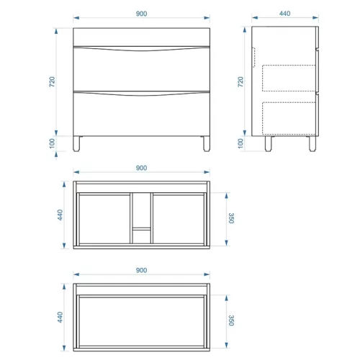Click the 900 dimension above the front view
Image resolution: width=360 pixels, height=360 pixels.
141,14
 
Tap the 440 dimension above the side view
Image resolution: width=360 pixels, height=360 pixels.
285,14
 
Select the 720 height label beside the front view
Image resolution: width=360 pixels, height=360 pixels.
52,82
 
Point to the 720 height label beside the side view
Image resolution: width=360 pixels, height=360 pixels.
240,82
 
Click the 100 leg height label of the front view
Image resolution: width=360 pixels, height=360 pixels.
52,143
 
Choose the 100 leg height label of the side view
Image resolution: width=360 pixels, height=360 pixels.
240,143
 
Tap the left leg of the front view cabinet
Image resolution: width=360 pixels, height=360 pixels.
77,144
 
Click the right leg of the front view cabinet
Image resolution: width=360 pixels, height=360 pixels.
206,144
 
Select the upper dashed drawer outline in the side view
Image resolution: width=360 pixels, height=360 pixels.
289,78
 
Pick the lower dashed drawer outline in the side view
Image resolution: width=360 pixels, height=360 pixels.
289,118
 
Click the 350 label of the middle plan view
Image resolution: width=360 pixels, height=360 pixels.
231,218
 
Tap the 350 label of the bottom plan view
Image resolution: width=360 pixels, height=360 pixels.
231,320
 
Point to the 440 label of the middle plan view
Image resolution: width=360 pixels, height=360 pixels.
60,215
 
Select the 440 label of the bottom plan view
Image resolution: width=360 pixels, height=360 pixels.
60,317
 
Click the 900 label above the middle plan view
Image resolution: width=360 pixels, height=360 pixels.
141,168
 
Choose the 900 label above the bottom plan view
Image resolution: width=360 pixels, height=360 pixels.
141,270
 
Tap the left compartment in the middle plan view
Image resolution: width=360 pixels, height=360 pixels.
104,219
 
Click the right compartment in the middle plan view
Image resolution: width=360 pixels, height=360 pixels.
179,219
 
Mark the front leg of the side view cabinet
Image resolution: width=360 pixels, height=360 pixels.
312,144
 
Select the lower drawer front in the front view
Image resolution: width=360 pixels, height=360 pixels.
142,114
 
